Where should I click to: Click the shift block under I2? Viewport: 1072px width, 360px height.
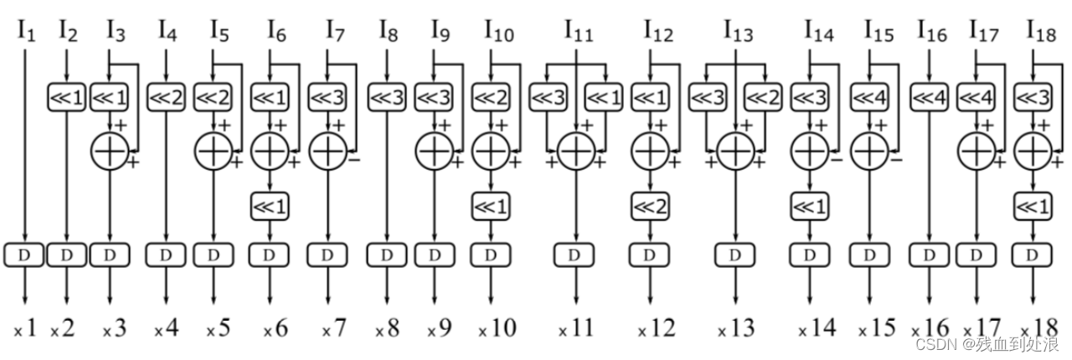click(x=66, y=97)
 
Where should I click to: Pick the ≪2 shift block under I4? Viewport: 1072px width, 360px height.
click(x=166, y=97)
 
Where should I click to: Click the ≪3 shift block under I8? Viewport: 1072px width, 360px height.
click(x=387, y=97)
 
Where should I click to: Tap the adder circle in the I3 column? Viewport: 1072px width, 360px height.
click(x=111, y=152)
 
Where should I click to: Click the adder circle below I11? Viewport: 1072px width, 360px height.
click(x=576, y=152)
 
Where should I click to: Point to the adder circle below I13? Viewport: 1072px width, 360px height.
click(x=735, y=152)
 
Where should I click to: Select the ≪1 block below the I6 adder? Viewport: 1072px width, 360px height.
click(x=270, y=204)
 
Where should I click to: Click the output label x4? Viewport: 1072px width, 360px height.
click(x=166, y=328)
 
